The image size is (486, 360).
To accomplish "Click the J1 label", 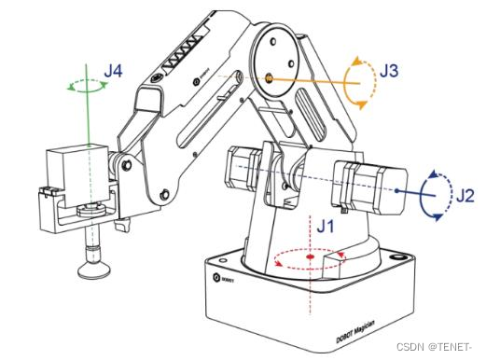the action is pyautogui.click(x=326, y=226).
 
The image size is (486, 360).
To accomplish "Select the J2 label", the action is pyautogui.click(x=465, y=196).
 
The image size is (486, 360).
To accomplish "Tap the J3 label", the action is pyautogui.click(x=389, y=71).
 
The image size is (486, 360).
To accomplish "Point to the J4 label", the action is pyautogui.click(x=113, y=71).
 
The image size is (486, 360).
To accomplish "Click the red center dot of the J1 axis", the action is pyautogui.click(x=311, y=256).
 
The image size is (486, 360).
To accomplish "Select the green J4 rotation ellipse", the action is pyautogui.click(x=88, y=91).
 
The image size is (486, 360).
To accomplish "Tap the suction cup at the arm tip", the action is pyautogui.click(x=94, y=270).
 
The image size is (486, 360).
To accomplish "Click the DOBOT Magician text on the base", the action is pyautogui.click(x=355, y=331).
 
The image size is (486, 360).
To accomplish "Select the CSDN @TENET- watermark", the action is pyautogui.click(x=434, y=347).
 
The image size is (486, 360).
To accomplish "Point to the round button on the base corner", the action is pyautogui.click(x=397, y=257).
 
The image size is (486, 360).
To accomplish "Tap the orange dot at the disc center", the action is pyautogui.click(x=270, y=78).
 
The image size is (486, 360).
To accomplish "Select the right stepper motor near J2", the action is pyautogui.click(x=370, y=187).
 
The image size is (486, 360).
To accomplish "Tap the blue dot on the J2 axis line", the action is pyautogui.click(x=396, y=190).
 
